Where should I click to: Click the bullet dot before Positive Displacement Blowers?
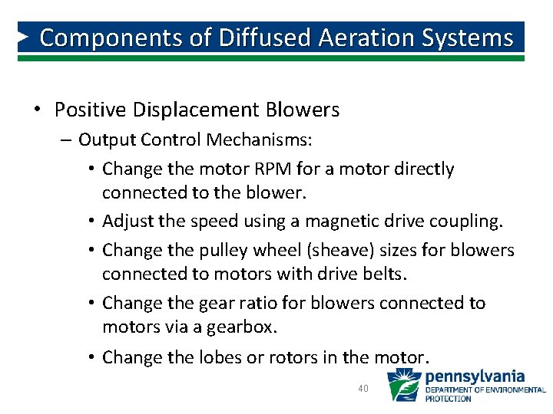click(x=38, y=110)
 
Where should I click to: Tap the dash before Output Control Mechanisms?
click(x=67, y=140)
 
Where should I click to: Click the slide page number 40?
click(x=364, y=389)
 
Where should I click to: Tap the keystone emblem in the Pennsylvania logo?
click(x=403, y=385)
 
